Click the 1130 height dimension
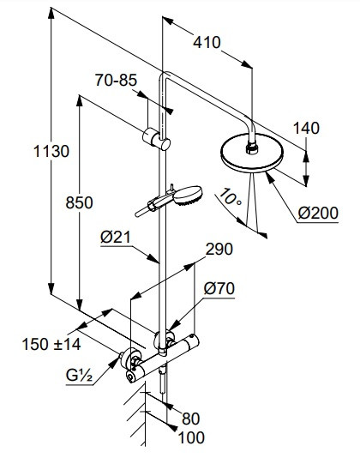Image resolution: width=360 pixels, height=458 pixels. coord(51,151)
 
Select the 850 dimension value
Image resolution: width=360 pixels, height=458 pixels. coord(79,202)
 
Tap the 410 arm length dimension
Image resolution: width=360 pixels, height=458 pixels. coord(207,43)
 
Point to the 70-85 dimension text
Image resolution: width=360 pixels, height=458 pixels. coord(116,80)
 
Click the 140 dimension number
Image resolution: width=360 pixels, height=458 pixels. coord(306,129)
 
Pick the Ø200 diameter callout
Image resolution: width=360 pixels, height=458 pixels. coord(318,213)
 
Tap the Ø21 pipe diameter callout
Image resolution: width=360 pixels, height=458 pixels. coord(115,237)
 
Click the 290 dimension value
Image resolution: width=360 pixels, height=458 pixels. coord(219,249)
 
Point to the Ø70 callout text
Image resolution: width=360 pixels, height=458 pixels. coord(219,288)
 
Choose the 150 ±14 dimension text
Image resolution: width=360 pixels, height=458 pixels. coord(51,344)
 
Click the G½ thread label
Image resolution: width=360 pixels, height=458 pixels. coord(79,376)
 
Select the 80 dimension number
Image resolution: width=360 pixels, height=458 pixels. coord(190,419)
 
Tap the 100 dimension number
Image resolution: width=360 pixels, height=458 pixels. coord(191,438)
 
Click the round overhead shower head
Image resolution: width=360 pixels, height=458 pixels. coord(252,153)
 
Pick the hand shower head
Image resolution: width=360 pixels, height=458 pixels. coord(188,196)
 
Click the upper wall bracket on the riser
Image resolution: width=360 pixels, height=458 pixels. coord(156,139)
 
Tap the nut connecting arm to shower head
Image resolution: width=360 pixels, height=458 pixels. coord(252,148)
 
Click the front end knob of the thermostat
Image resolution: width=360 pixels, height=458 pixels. coord(131,377)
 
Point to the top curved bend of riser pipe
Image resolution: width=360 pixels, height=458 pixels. coord(164,75)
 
